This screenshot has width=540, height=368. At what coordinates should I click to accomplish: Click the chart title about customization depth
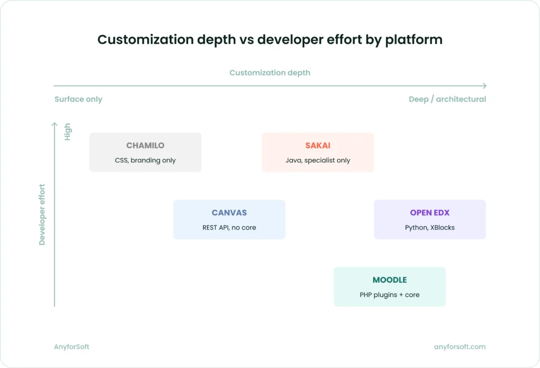(x=269, y=40)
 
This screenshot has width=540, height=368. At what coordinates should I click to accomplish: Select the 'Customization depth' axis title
(x=269, y=73)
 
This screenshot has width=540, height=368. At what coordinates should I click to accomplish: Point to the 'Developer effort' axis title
(x=42, y=215)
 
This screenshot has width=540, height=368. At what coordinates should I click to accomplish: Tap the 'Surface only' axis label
(x=78, y=99)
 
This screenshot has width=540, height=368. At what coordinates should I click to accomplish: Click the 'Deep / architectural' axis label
(x=447, y=99)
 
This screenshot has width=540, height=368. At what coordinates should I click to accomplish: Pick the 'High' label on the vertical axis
(x=67, y=132)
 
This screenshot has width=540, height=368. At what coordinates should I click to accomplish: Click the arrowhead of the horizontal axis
(x=484, y=85)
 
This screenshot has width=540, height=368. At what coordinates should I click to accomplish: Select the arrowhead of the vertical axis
(x=54, y=124)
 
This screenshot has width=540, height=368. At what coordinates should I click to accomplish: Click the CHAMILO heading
(x=145, y=146)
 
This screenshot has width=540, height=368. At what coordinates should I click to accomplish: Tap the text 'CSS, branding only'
(x=145, y=160)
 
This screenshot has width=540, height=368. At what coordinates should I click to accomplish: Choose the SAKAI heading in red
(x=317, y=146)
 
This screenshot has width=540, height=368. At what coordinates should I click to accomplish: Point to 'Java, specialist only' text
(x=317, y=160)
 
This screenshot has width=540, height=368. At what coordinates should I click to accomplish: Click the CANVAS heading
(x=229, y=213)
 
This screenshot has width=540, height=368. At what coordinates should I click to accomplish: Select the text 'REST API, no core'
(x=229, y=228)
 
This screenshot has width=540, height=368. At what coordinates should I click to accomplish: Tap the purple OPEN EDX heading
(x=429, y=213)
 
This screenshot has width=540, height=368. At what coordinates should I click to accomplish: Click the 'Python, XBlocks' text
(x=429, y=228)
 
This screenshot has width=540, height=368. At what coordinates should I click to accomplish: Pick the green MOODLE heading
(x=389, y=280)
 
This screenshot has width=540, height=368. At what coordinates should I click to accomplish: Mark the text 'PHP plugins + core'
(x=389, y=295)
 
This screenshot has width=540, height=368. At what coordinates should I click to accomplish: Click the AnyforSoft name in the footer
(x=72, y=347)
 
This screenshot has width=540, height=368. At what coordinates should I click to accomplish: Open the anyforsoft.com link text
(x=459, y=347)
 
